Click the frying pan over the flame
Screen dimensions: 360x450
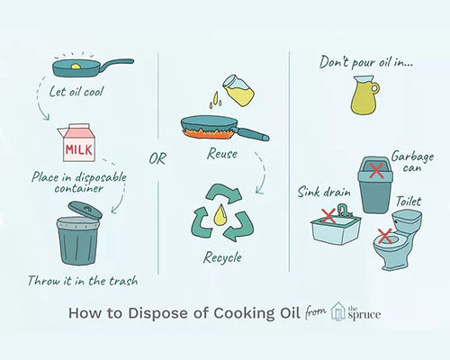(x=216, y=129)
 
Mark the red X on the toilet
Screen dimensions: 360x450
(x=386, y=236)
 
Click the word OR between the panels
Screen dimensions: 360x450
(x=157, y=161)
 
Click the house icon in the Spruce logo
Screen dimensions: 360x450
(x=338, y=311)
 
